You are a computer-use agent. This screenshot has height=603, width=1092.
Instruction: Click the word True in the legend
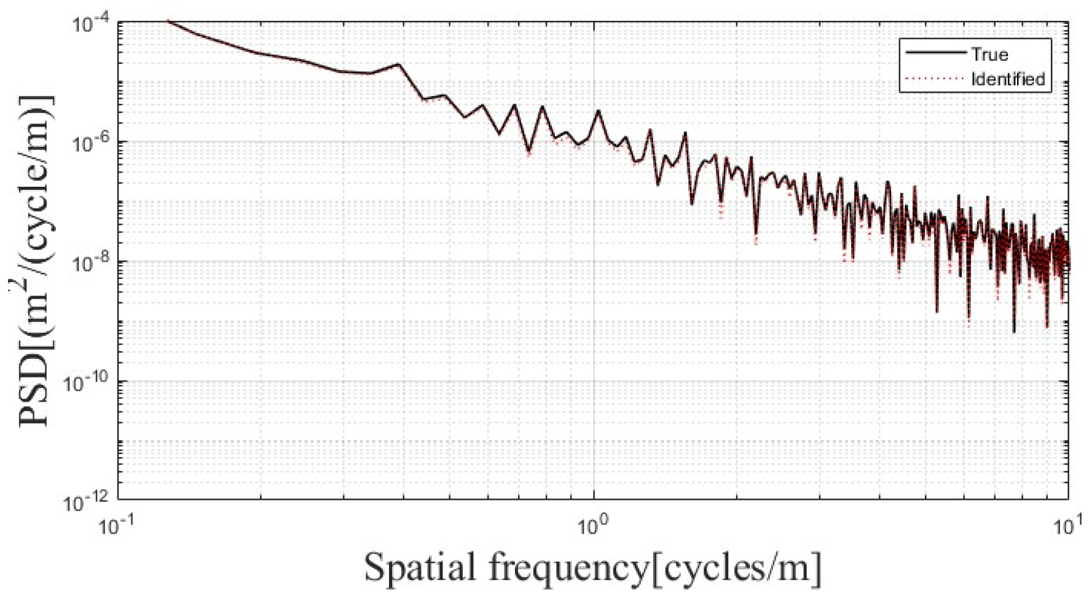[990, 54]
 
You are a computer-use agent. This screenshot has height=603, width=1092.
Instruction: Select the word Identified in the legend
[1008, 79]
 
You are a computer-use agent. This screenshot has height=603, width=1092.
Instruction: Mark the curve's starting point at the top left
[168, 21]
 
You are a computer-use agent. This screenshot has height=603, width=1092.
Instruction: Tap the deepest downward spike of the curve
[1014, 332]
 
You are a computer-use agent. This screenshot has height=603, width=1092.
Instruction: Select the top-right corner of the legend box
[1051, 39]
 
